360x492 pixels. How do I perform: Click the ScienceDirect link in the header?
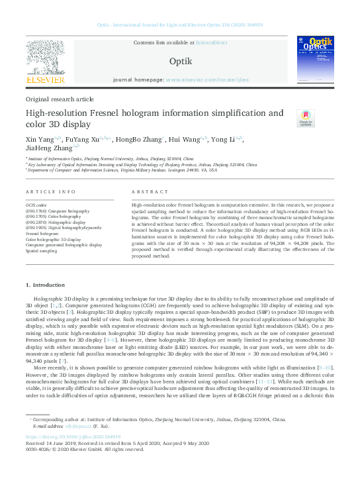point(212,42)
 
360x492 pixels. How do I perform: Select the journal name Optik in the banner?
point(180,61)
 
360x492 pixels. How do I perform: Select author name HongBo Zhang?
point(138,140)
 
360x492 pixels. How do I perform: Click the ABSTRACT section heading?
point(146,191)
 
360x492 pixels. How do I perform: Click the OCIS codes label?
point(36,205)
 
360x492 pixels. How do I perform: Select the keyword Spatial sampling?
point(41,251)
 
